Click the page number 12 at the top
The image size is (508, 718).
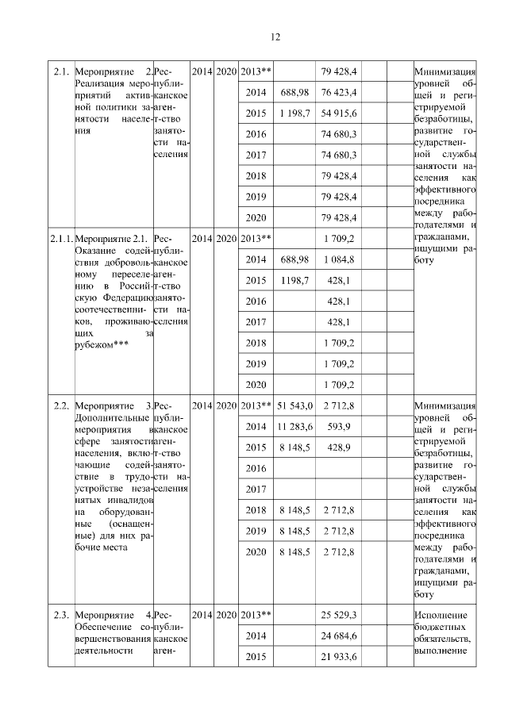pos(275,36)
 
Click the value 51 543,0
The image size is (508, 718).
pos(294,406)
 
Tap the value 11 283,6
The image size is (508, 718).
pos(294,427)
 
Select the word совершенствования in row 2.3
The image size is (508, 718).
pos(116,639)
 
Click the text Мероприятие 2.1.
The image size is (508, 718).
pos(114,238)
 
